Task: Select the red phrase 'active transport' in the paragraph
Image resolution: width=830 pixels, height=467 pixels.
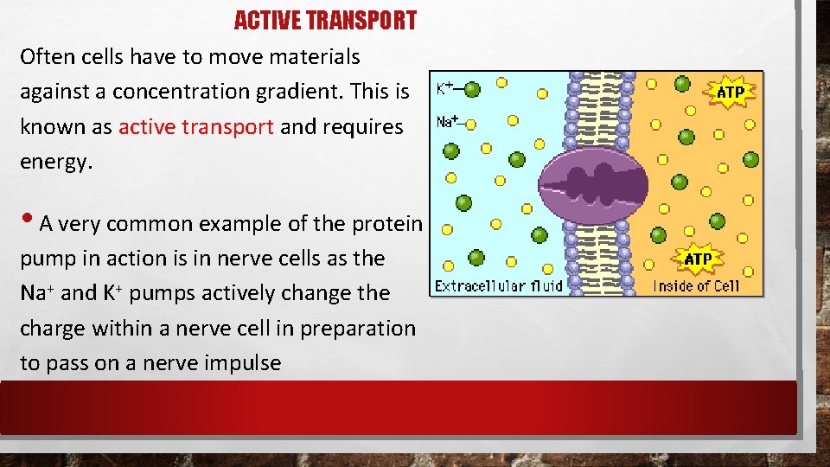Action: tap(196, 127)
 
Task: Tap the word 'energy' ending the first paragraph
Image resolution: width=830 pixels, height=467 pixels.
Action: tap(53, 162)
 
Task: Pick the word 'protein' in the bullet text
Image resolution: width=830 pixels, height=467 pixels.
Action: tap(387, 224)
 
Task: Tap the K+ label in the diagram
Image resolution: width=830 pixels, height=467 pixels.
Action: tap(445, 88)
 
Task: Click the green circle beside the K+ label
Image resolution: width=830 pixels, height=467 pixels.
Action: tap(472, 88)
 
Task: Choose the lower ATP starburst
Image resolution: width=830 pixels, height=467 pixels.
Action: tap(698, 259)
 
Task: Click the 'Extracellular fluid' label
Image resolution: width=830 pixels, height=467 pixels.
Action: tap(498, 285)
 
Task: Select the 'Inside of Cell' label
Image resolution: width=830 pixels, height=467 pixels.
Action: tap(696, 286)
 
